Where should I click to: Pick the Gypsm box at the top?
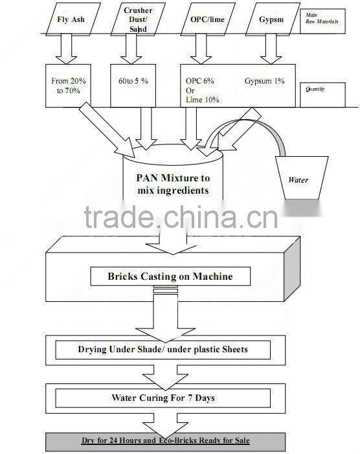pos(271,19)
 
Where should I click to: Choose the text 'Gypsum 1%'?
pos(264,81)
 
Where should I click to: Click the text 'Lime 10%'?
pos(203,100)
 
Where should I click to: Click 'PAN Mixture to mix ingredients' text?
pos(173,184)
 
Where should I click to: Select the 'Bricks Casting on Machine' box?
pos(170,277)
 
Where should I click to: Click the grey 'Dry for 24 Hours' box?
pos(165,441)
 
